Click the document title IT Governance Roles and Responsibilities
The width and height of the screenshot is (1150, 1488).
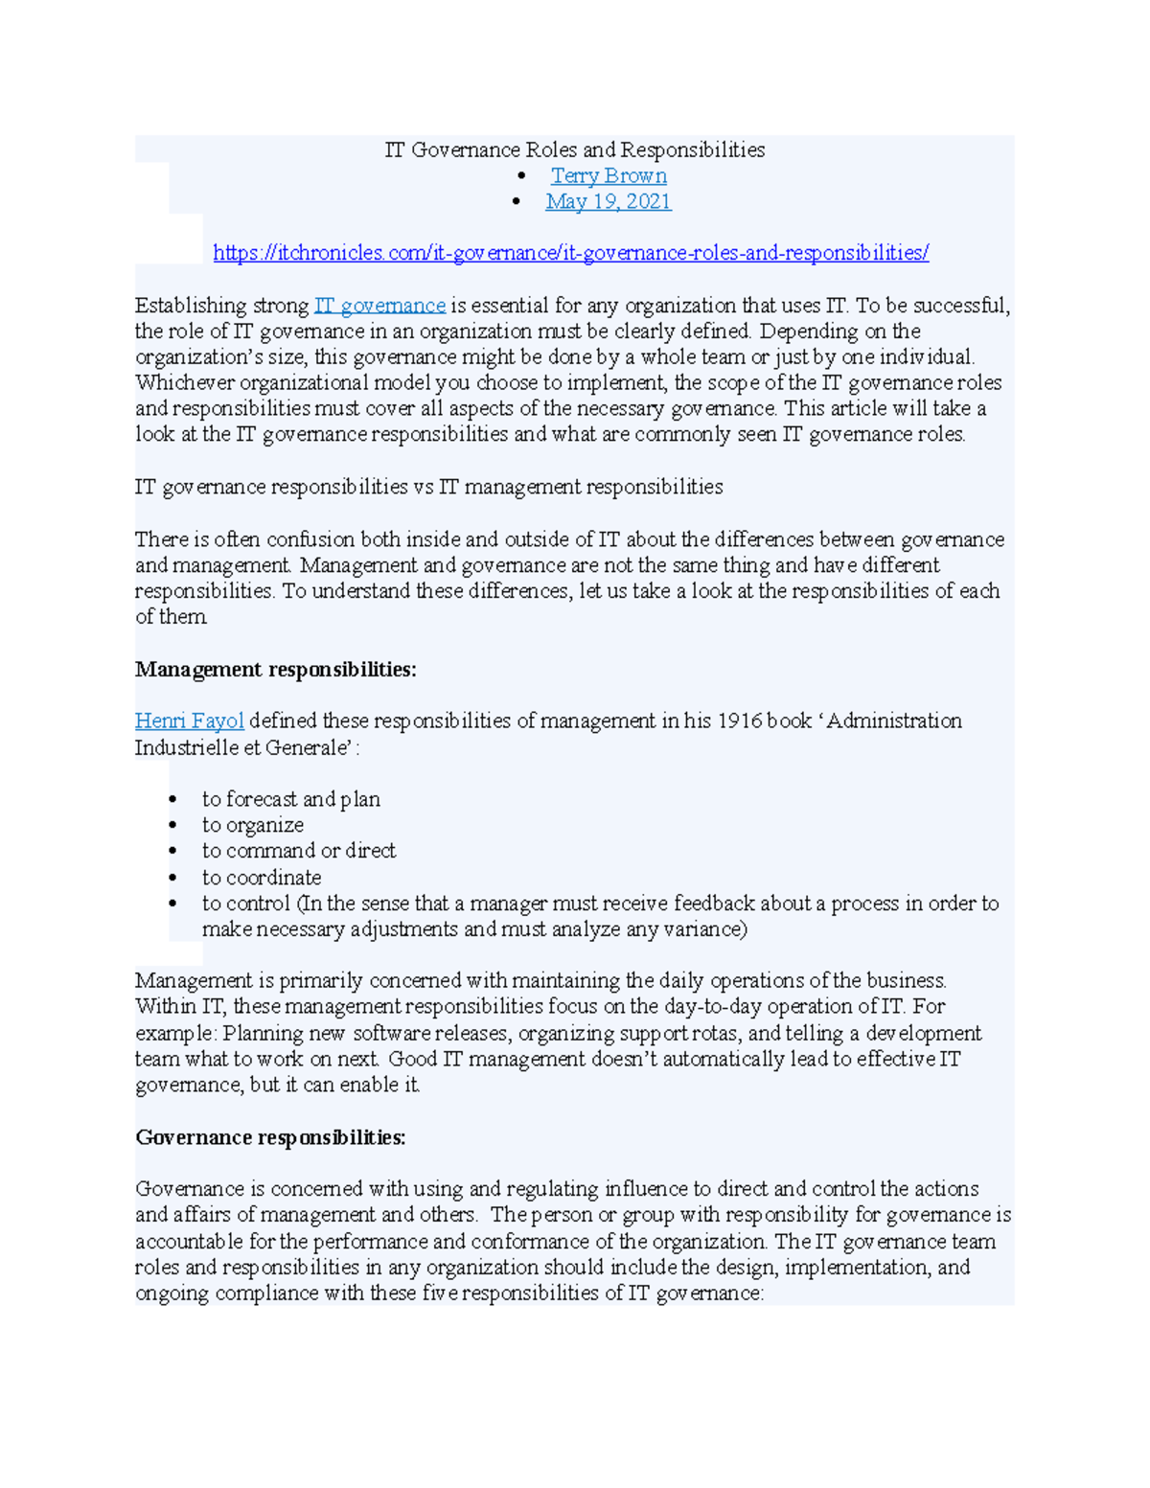[x=574, y=150]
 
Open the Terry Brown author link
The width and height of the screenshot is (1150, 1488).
[x=609, y=176]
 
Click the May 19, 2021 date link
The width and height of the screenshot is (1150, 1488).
[x=608, y=202]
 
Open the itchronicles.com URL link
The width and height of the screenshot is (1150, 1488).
[x=570, y=254]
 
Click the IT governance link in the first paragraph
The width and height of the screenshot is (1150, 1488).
[x=379, y=306]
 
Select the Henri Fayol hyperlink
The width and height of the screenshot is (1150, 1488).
[x=189, y=721]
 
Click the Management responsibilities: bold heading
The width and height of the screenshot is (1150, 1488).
[x=275, y=670]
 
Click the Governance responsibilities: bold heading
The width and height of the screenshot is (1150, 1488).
[x=270, y=1137]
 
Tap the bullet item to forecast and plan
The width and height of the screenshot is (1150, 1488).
[x=290, y=799]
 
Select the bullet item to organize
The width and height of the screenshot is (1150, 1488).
[x=252, y=825]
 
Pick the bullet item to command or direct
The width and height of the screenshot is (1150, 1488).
[x=298, y=851]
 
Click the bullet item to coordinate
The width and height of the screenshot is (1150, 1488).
[x=261, y=878]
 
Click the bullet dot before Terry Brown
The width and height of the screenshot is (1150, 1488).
[x=521, y=176]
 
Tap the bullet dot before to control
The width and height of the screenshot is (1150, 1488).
[x=172, y=904]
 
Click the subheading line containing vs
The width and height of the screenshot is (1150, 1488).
[x=428, y=487]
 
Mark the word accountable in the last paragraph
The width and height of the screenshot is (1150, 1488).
[x=190, y=1242]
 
